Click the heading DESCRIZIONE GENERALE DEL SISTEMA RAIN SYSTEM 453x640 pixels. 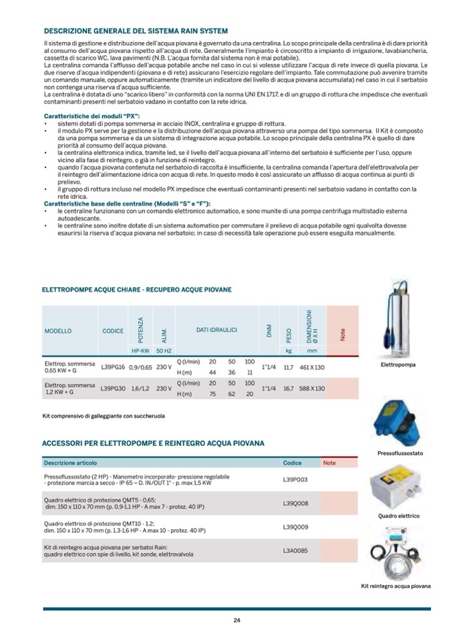pyautogui.click(x=136, y=31)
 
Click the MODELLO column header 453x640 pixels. pyautogui.click(x=58, y=331)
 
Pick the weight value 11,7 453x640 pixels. pyautogui.click(x=289, y=366)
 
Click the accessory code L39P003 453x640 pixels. pyautogui.click(x=295, y=479)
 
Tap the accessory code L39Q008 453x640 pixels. pyautogui.click(x=295, y=503)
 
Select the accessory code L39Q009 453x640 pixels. pyautogui.click(x=295, y=527)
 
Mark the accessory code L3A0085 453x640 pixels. pyautogui.click(x=295, y=551)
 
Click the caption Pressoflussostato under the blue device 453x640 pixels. pyautogui.click(x=400, y=453)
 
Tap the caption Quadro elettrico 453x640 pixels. pyautogui.click(x=399, y=516)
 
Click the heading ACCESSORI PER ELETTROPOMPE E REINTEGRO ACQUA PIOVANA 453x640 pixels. pyautogui.click(x=153, y=442)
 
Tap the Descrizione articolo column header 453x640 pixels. pyautogui.click(x=70, y=462)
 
